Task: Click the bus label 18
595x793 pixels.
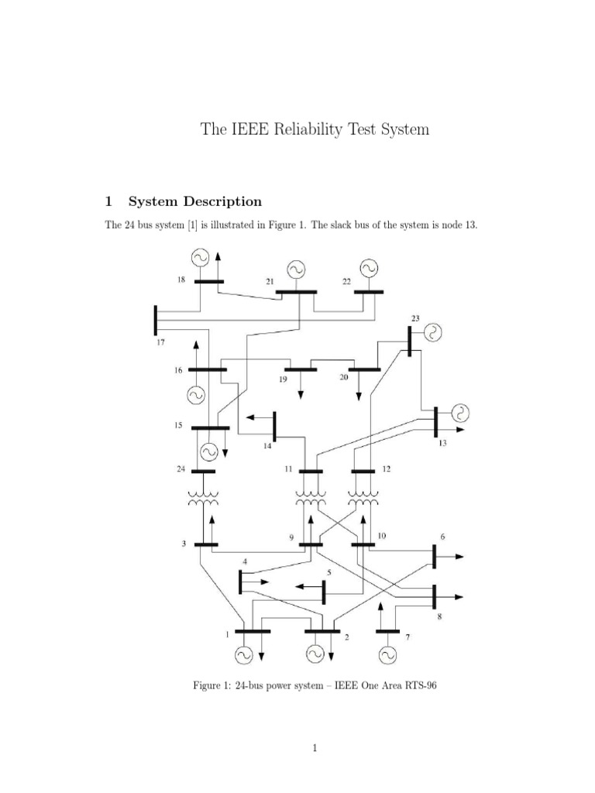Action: (181, 280)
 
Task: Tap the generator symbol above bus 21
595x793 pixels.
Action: (297, 269)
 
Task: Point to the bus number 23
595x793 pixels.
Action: (415, 318)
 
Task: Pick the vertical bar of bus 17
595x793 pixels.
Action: (156, 321)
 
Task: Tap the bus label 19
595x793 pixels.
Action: (283, 381)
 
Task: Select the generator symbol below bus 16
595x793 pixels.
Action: (196, 395)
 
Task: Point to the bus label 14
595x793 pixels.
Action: (267, 446)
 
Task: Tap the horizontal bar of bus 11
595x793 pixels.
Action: (311, 471)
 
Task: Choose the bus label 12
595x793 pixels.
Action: (387, 469)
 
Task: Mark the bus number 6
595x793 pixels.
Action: (442, 536)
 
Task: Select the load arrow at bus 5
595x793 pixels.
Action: (308, 588)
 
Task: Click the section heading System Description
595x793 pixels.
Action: (194, 201)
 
